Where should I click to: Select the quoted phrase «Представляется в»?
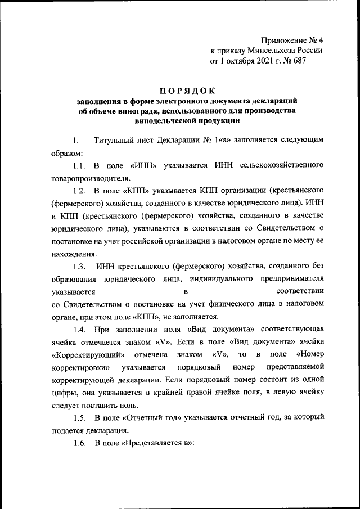tap(154, 443)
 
